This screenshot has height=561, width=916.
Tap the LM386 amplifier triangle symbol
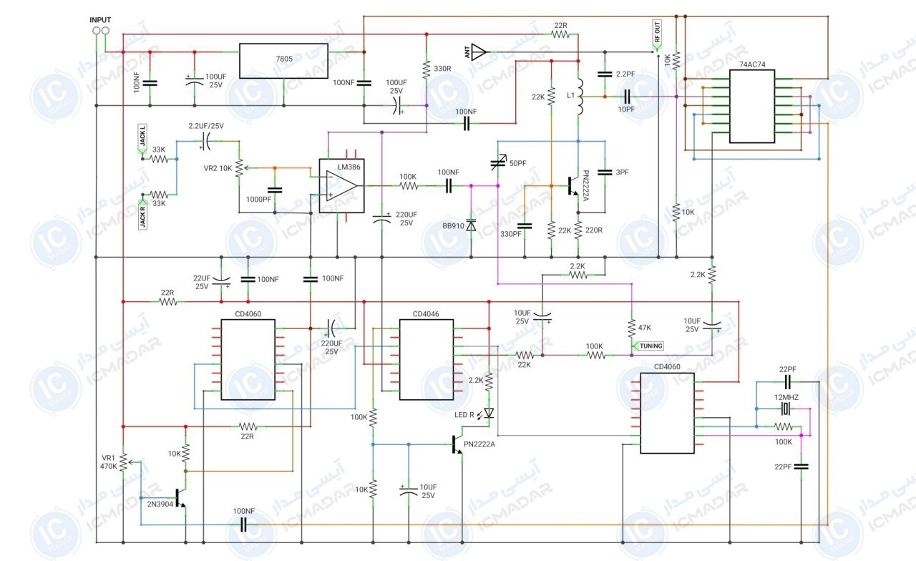[x=341, y=186]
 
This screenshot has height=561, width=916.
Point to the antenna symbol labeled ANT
[x=479, y=52]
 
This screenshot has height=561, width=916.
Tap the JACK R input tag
[x=142, y=215]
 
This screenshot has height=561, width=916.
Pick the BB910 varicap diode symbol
[x=471, y=225]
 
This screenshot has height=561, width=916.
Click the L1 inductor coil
[x=580, y=97]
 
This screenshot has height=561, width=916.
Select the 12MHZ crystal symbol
[x=785, y=409]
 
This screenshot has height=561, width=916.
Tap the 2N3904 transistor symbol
[x=180, y=497]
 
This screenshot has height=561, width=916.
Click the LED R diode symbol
[x=488, y=414]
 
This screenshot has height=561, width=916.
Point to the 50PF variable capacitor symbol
[x=499, y=163]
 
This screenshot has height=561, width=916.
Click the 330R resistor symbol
[x=427, y=69]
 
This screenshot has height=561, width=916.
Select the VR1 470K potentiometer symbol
[x=124, y=462]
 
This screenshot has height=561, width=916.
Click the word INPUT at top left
[x=100, y=19]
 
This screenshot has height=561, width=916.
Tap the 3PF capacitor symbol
[x=605, y=172]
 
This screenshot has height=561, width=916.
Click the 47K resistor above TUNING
[x=632, y=328]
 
